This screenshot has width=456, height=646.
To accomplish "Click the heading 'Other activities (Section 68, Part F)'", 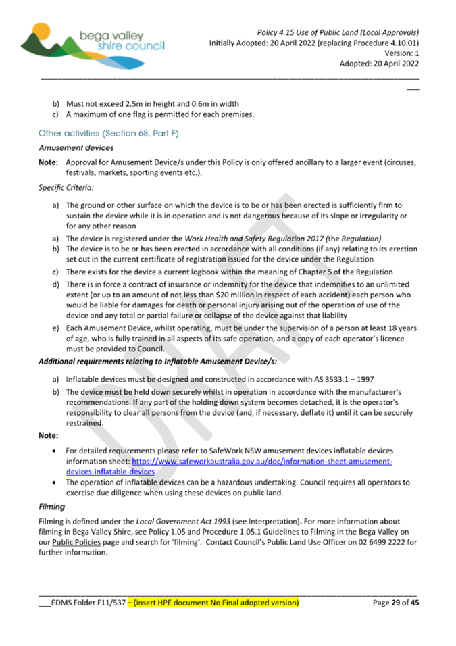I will pos(108,134).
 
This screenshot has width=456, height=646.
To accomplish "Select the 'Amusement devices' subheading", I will pos(76,147).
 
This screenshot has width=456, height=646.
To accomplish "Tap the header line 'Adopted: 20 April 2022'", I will pos(380,64).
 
